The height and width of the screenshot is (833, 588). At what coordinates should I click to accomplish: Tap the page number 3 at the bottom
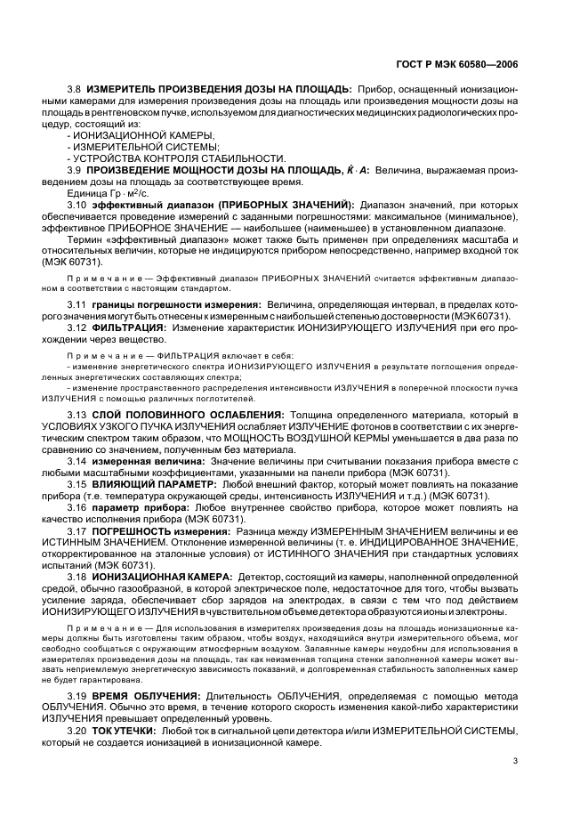click(x=515, y=760)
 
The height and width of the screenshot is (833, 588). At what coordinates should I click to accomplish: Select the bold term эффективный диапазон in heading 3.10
click(x=142, y=205)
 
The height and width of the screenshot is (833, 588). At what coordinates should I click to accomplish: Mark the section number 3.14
click(x=77, y=461)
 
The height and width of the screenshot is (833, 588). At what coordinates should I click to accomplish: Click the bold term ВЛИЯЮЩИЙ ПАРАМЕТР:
click(x=141, y=484)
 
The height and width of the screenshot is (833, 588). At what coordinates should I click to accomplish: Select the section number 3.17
click(x=77, y=530)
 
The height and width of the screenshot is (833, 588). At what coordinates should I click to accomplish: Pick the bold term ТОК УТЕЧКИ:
click(x=123, y=730)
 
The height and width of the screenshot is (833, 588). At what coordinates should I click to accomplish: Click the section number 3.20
click(x=77, y=730)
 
